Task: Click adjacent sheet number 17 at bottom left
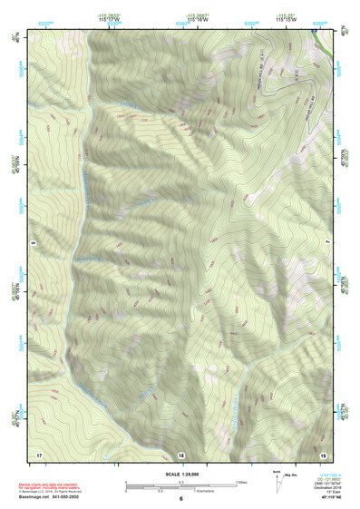[39, 453]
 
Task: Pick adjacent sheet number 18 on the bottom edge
[180, 453]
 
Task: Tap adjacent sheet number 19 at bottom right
[322, 453]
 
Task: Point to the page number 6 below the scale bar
[180, 498]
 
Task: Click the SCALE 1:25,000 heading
[180, 474]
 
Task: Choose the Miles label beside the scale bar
[242, 481]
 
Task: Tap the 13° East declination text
[326, 491]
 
